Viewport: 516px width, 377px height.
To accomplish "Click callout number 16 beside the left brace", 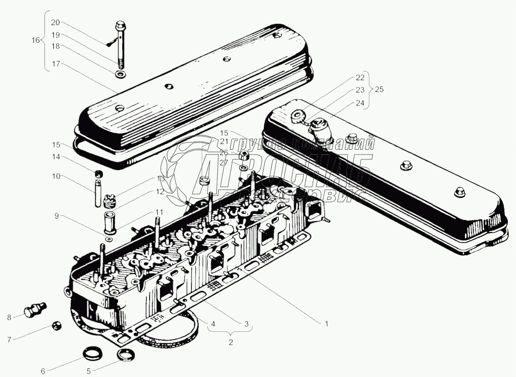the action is pyautogui.click(x=36, y=40).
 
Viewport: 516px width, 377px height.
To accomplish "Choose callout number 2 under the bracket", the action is pyautogui.click(x=230, y=342).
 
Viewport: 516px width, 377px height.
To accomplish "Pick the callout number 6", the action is pyautogui.click(x=42, y=371).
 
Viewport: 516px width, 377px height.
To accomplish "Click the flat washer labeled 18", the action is pyautogui.click(x=119, y=75).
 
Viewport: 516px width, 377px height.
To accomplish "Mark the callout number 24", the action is pyautogui.click(x=360, y=102).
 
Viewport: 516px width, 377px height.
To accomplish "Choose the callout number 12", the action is pyautogui.click(x=158, y=191).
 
